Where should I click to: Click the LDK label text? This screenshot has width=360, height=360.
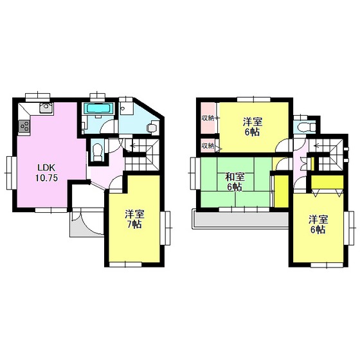(46, 168)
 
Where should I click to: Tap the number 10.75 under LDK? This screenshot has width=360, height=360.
(46, 178)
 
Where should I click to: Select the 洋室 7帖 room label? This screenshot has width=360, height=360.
(134, 219)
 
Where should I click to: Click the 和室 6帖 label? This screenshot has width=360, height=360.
(235, 182)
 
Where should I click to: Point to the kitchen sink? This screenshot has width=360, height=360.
(46, 108)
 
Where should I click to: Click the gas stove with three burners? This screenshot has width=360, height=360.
(24, 126)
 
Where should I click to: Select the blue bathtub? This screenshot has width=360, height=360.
(98, 108)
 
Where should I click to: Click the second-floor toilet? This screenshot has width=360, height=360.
(305, 127)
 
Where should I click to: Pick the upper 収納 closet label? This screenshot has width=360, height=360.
(208, 118)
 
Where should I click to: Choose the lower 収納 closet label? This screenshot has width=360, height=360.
(208, 145)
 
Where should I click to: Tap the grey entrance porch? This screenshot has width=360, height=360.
(87, 222)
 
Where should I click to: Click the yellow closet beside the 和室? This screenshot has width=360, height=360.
(282, 191)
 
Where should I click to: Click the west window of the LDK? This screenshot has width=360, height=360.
(12, 173)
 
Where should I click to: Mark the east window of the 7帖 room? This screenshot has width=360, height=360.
(165, 228)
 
